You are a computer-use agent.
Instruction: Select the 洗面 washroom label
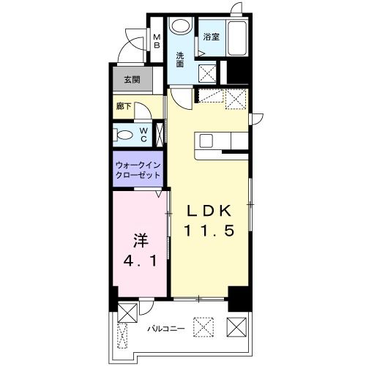coord(181,59)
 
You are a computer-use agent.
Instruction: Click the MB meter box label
coord(156,41)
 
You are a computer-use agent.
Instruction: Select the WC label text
coord(143,134)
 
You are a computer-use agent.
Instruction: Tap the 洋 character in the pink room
coord(138,239)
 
